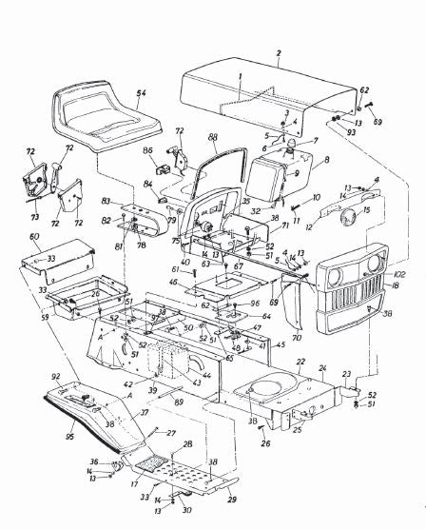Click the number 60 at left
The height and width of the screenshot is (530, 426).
point(35,235)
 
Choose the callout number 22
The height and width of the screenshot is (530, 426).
point(300,362)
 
